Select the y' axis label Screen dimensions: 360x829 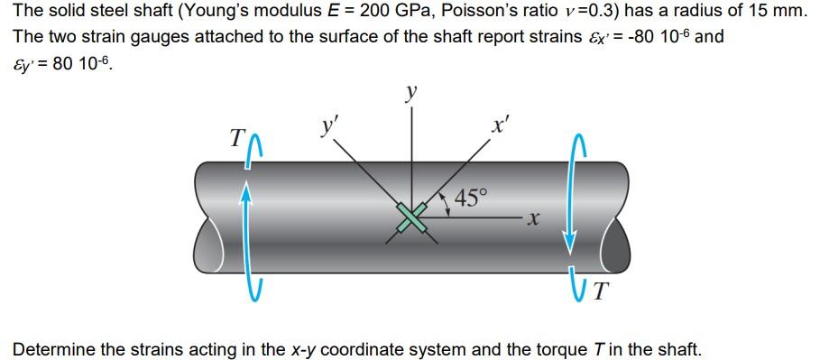331,125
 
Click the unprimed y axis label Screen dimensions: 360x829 411,93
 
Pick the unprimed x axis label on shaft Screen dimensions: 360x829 534,217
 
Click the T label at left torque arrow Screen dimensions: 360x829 236,138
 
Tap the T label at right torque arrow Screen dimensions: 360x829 602,290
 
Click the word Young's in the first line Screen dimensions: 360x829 217,13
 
